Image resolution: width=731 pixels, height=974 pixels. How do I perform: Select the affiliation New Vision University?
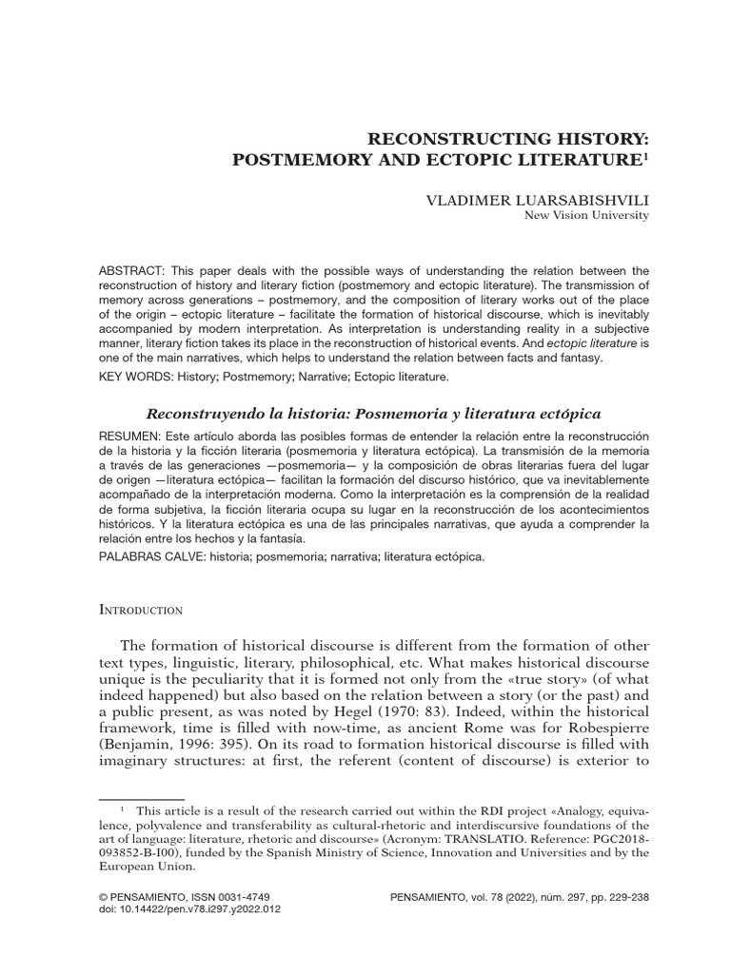click(x=586, y=216)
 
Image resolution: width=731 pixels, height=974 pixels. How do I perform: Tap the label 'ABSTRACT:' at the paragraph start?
click(x=128, y=271)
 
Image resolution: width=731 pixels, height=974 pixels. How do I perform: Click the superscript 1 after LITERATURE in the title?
click(x=646, y=156)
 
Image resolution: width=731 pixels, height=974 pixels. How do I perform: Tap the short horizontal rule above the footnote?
click(x=142, y=799)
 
